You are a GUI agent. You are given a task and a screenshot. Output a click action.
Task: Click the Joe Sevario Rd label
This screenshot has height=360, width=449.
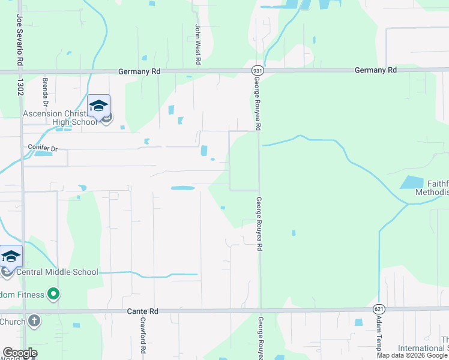click(x=20, y=40)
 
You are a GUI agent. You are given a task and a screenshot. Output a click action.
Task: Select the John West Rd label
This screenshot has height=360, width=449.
click(x=197, y=44)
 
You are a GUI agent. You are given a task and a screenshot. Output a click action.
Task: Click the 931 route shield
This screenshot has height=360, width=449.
click(x=256, y=70)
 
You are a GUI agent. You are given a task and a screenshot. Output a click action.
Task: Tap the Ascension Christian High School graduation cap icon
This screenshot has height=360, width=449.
click(x=98, y=106)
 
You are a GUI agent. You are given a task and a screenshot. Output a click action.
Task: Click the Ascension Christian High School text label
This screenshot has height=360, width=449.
click(x=59, y=118)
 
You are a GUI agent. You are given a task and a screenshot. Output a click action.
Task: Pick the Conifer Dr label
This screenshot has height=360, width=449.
click(x=42, y=146)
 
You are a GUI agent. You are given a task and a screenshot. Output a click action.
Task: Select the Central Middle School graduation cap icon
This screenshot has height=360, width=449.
click(x=11, y=257)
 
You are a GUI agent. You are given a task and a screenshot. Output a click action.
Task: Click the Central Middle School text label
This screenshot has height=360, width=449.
click(x=57, y=272)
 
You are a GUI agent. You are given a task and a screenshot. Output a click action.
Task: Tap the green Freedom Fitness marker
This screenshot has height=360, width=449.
click(x=53, y=294)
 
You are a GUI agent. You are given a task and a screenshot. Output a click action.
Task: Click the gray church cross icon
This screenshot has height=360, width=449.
click(x=34, y=320)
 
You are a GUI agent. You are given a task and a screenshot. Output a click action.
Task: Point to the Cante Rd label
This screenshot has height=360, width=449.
click(x=142, y=312)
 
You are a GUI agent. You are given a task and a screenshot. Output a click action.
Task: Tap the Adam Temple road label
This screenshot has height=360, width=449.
click(x=379, y=339)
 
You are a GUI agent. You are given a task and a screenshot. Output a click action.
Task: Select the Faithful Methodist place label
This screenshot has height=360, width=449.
click(x=431, y=188)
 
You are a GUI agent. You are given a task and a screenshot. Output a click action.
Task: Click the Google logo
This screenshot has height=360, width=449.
click(x=20, y=353)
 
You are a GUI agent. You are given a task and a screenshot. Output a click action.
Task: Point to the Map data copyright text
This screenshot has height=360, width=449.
click(x=412, y=355)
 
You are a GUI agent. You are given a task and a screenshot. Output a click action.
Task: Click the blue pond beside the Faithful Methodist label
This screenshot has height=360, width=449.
click(x=412, y=182)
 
